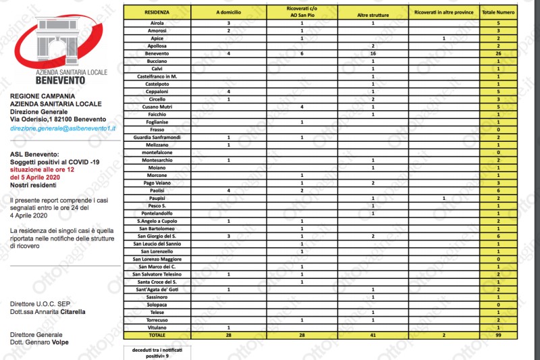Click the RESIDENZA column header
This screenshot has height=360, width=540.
(x=157, y=12)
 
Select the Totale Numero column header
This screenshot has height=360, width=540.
(x=497, y=12)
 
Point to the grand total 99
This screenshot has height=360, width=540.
(x=497, y=334)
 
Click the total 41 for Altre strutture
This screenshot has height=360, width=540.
(x=373, y=334)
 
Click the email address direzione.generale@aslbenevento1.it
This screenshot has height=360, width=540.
(x=63, y=127)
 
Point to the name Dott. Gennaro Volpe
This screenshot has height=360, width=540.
(x=45, y=342)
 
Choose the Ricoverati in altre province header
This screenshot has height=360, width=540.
(x=443, y=12)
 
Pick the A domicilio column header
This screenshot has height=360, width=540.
(x=229, y=12)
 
